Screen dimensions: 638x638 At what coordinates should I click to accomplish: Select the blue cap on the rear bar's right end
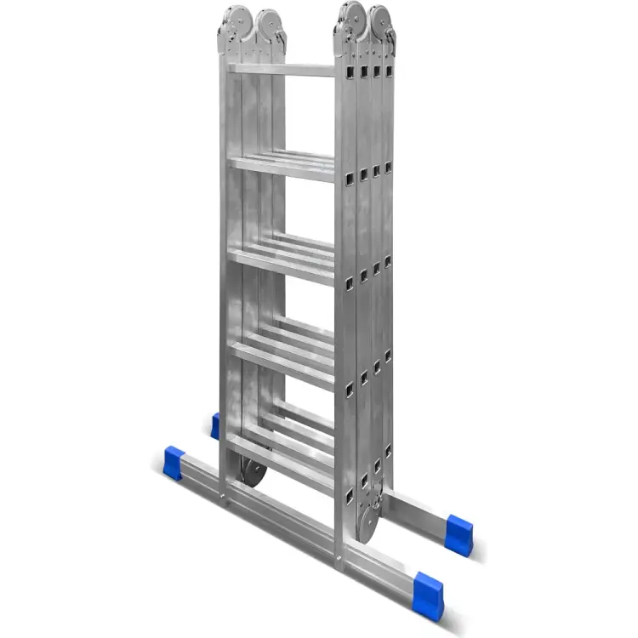(x=459, y=533)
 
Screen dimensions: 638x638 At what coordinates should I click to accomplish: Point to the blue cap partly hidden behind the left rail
(x=215, y=425)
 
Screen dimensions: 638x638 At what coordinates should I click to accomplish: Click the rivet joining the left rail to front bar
(x=225, y=491)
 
